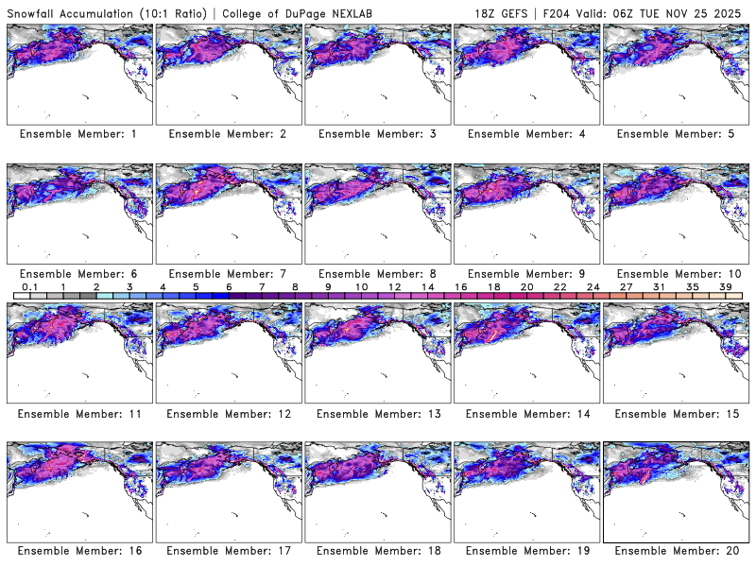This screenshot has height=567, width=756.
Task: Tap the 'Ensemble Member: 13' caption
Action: click(x=376, y=413)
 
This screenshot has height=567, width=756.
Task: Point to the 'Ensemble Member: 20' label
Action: click(x=675, y=551)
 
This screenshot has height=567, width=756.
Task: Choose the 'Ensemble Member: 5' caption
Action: click(x=675, y=134)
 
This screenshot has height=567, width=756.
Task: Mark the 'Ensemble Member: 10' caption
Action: click(x=675, y=273)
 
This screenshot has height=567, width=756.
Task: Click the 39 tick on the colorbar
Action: click(x=726, y=286)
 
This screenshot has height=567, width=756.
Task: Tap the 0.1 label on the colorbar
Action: click(x=29, y=286)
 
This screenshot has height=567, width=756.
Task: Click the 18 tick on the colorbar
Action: click(x=493, y=286)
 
